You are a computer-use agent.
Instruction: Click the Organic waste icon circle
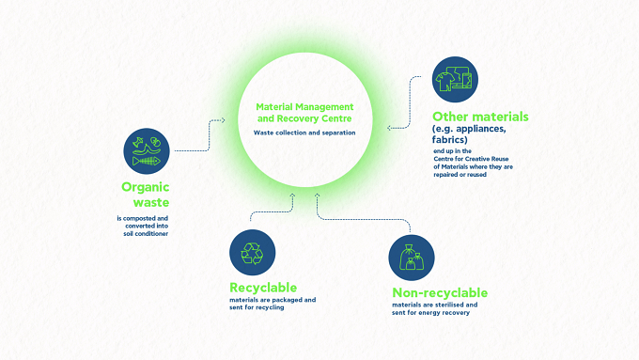(147, 151)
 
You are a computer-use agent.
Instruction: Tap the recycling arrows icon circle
(252, 252)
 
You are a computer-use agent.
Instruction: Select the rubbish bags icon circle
(412, 258)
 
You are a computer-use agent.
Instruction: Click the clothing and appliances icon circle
(455, 80)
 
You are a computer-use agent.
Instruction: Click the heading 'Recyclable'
(263, 288)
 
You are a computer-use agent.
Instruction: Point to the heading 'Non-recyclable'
(440, 292)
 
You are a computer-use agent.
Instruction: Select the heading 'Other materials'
(480, 117)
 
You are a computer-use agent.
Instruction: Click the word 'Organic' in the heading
(145, 188)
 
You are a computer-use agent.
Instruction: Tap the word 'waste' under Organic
(151, 202)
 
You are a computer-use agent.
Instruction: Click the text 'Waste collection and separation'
(304, 133)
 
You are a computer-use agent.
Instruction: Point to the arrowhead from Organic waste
(223, 120)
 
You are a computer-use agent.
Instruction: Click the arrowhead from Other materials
(389, 128)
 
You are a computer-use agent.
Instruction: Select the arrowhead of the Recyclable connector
(292, 196)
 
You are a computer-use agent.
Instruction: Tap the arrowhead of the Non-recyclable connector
(317, 196)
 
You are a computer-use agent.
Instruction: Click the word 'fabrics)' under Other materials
(449, 140)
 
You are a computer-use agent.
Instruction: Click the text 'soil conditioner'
(146, 234)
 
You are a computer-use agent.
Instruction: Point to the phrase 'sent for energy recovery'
(430, 313)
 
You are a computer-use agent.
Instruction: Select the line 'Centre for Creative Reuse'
(471, 159)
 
